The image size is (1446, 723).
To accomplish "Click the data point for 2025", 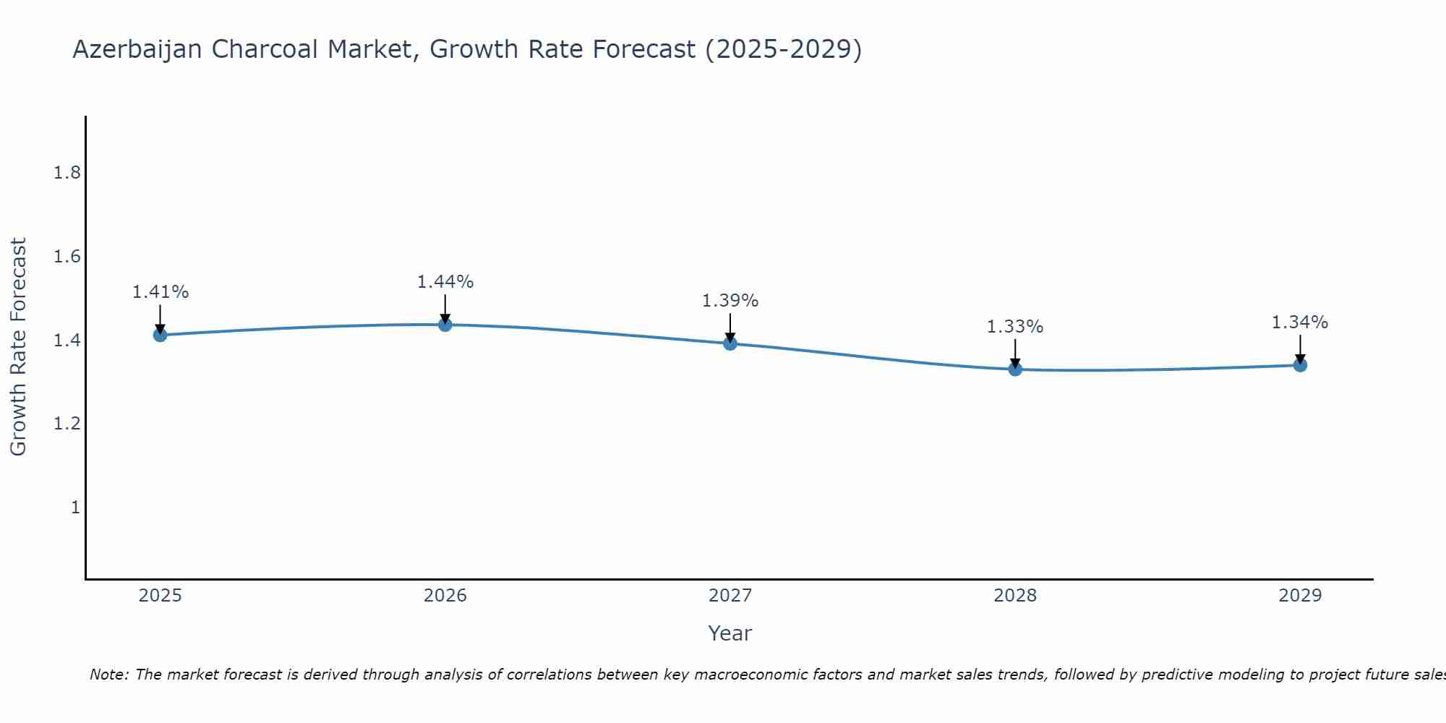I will tap(160, 335).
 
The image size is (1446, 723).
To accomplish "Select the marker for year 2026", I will tap(445, 325).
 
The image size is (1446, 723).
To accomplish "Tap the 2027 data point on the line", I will tap(730, 343).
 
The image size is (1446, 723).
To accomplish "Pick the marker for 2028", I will tap(1015, 369).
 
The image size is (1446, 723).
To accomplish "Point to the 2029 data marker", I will tap(1300, 365).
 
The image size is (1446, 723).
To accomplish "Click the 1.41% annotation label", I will tap(160, 292).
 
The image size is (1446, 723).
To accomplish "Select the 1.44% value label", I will tap(445, 282).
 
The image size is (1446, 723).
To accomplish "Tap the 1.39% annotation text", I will tap(730, 301).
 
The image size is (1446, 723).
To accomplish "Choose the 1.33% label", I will tap(1015, 327).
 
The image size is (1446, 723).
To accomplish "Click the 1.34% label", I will tap(1300, 322).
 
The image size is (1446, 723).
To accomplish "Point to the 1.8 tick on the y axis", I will tap(67, 173).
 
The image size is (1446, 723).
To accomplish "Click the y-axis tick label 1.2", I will tap(67, 424).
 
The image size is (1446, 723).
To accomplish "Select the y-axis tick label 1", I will tap(75, 508).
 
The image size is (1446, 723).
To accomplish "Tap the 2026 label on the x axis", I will tap(445, 596).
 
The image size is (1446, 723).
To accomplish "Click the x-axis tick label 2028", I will tap(1015, 596).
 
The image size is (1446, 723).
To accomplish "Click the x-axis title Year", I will tap(730, 633).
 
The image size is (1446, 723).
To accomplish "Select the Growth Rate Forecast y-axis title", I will tap(18, 347).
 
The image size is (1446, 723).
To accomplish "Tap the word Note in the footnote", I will tap(108, 675).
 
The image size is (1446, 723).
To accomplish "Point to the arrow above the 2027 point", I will tap(730, 327).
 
